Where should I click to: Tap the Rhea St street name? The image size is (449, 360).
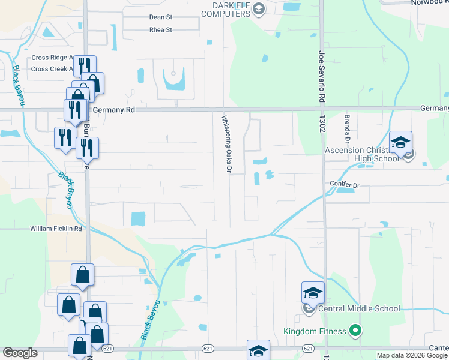[x=160, y=29]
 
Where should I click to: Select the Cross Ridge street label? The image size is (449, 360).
[x=51, y=58]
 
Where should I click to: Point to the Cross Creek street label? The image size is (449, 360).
[x=51, y=69]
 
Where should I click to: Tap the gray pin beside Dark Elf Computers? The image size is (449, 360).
[x=258, y=8]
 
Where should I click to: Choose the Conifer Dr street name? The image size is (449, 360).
[x=343, y=185]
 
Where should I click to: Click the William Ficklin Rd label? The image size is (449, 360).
[x=56, y=229]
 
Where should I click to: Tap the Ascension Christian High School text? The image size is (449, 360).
[x=361, y=154]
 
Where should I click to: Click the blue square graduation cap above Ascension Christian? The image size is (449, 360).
[x=400, y=143]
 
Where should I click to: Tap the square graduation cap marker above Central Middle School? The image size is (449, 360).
[x=313, y=292]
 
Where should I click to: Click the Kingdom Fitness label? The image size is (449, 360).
[x=315, y=331]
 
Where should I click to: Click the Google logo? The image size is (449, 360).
[x=20, y=353]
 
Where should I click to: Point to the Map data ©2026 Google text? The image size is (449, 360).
[x=411, y=355]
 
